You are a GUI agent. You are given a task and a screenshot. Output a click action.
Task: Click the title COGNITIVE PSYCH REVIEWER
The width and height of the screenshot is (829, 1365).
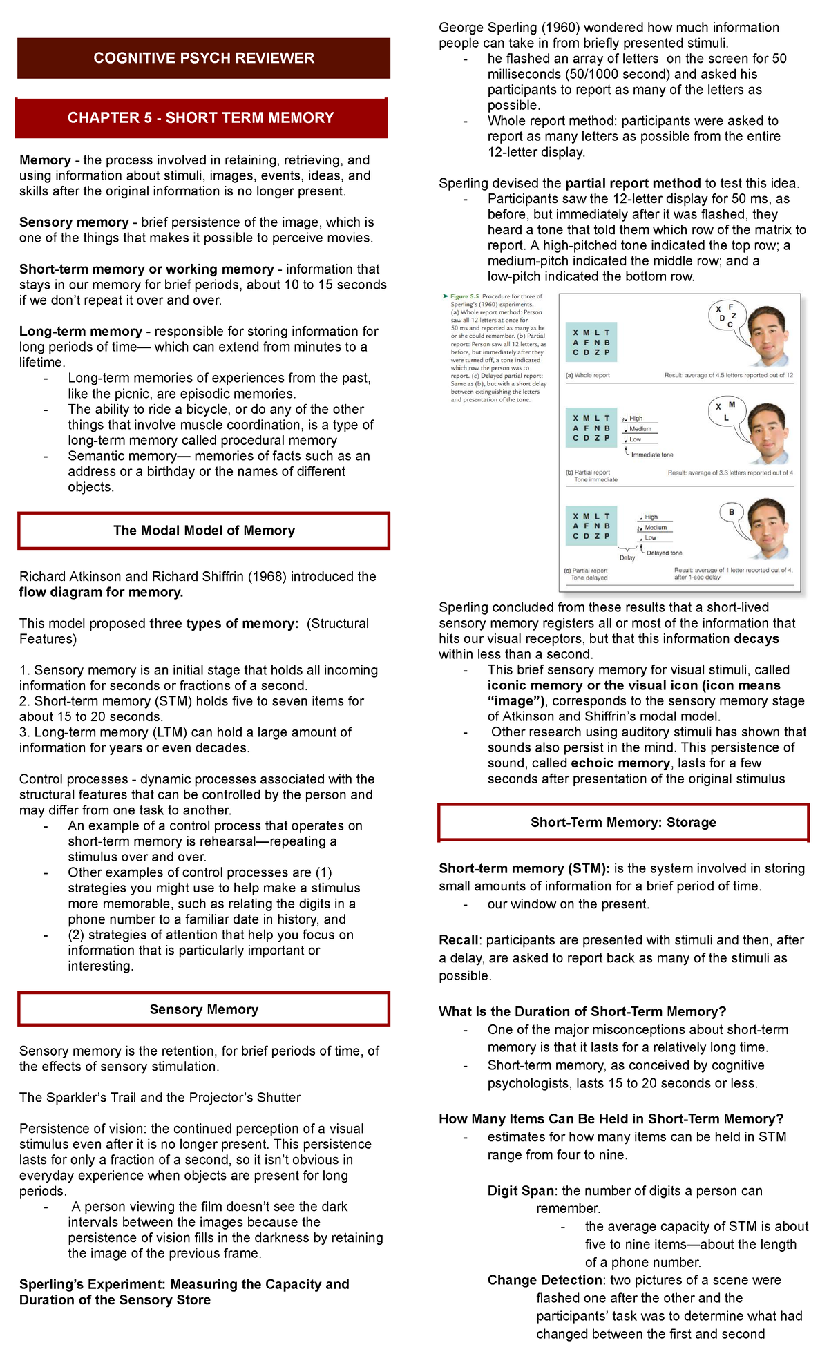tap(204, 58)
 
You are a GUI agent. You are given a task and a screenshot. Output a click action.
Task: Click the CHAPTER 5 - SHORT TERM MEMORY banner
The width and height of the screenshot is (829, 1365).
tap(200, 118)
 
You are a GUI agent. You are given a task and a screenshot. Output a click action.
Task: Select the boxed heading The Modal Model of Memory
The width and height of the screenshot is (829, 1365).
tap(204, 531)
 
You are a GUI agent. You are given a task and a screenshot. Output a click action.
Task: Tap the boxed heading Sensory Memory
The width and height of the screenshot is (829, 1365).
tap(204, 1009)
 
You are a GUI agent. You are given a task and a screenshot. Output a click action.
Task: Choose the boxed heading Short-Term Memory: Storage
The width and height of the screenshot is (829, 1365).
tap(623, 822)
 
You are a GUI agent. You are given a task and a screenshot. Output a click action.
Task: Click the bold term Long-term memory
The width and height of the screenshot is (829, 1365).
tap(80, 332)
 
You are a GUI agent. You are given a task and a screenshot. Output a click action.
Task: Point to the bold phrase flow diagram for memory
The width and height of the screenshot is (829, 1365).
tap(101, 592)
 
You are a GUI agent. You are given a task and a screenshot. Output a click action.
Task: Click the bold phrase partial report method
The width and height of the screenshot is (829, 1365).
tap(632, 183)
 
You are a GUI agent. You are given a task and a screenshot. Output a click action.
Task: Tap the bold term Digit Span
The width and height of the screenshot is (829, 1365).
tap(520, 1191)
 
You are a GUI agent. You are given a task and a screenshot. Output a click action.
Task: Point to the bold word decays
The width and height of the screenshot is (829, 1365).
tap(756, 639)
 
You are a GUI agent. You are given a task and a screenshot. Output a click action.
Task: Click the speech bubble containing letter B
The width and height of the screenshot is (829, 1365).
tap(732, 513)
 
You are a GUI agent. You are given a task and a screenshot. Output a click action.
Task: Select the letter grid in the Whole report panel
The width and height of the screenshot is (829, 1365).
tap(591, 342)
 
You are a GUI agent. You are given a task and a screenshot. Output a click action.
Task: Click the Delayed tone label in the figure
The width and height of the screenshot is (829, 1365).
tap(664, 553)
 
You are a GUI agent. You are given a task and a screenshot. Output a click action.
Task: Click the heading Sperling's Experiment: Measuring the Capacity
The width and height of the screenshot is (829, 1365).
tap(184, 1284)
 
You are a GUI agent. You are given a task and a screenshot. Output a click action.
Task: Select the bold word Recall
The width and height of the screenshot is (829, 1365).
tap(458, 940)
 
